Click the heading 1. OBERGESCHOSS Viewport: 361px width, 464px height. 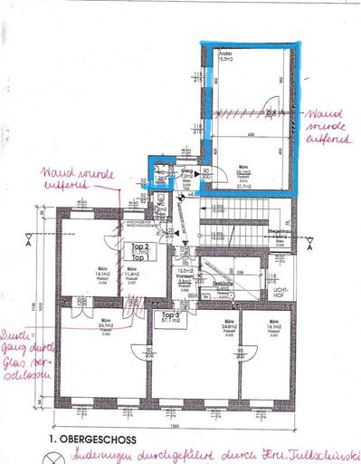tap(88, 438)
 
